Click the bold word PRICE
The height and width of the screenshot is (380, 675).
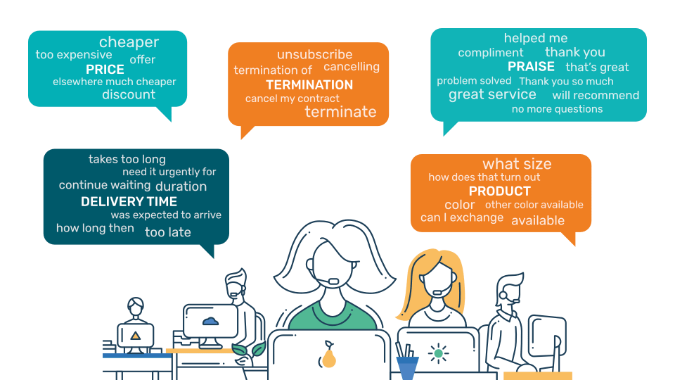tap(105, 70)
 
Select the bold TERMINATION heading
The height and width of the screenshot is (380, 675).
tap(309, 85)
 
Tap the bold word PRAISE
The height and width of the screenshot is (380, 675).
tap(531, 66)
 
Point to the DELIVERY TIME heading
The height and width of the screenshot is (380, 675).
tap(129, 202)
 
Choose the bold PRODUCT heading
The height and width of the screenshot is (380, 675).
tap(499, 191)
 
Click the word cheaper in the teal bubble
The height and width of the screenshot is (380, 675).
tap(129, 42)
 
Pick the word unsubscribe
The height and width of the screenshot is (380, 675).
tap(315, 54)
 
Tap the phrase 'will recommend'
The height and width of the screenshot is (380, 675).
tap(596, 95)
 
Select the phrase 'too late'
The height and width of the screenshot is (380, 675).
tap(168, 232)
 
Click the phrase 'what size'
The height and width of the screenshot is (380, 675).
tap(517, 164)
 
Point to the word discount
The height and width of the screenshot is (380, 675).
tap(129, 94)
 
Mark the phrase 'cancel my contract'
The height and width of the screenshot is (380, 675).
tap(292, 99)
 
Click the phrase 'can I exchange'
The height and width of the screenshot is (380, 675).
tap(462, 217)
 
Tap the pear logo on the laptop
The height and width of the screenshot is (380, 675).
tap(328, 354)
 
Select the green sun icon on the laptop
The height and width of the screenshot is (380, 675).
tap(438, 353)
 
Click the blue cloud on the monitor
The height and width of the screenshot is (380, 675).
tap(210, 321)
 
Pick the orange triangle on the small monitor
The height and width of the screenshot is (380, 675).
tap(136, 335)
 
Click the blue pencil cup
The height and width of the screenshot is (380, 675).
tap(407, 367)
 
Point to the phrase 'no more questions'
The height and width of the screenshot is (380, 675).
tap(557, 109)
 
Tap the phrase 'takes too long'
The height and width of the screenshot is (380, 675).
tap(127, 160)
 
